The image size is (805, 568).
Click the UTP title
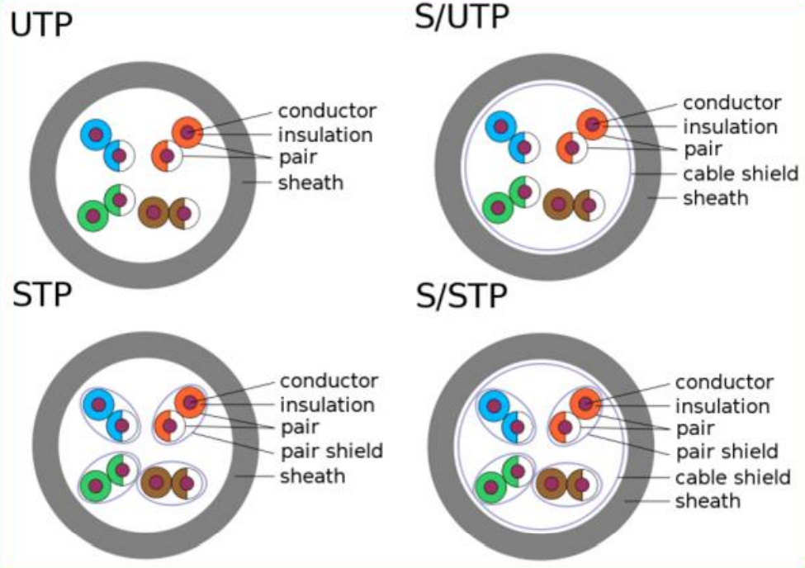pos(41,26)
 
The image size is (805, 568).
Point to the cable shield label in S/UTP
pos(741,173)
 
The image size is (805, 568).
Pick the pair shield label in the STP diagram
pos(331,451)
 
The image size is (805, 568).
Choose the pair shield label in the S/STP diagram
pos(727,452)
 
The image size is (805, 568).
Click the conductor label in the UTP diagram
pos(327,110)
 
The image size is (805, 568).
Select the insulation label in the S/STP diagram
pos(722,405)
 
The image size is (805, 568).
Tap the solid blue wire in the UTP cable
pos(95,135)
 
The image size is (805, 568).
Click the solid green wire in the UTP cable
pos(92,215)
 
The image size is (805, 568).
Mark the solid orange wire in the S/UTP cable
pos(592,124)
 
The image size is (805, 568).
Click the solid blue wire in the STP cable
pos(98,405)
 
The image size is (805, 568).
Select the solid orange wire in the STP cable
pos(190,402)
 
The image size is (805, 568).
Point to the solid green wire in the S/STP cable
pos(491,487)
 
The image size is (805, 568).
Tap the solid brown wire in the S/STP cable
pos(552,483)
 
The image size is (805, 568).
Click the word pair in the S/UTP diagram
pos(703,149)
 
